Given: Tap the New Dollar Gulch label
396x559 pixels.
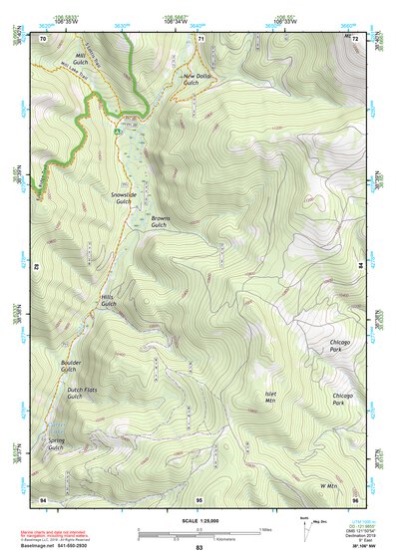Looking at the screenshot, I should (x=198, y=80).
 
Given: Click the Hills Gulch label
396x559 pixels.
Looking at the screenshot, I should (x=109, y=300).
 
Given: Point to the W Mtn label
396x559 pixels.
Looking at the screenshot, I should (x=330, y=485).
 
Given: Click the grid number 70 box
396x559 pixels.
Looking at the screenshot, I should (x=43, y=38).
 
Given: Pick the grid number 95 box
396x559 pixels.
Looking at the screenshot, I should (x=198, y=497).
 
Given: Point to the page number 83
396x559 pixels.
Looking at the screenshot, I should (x=198, y=548).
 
